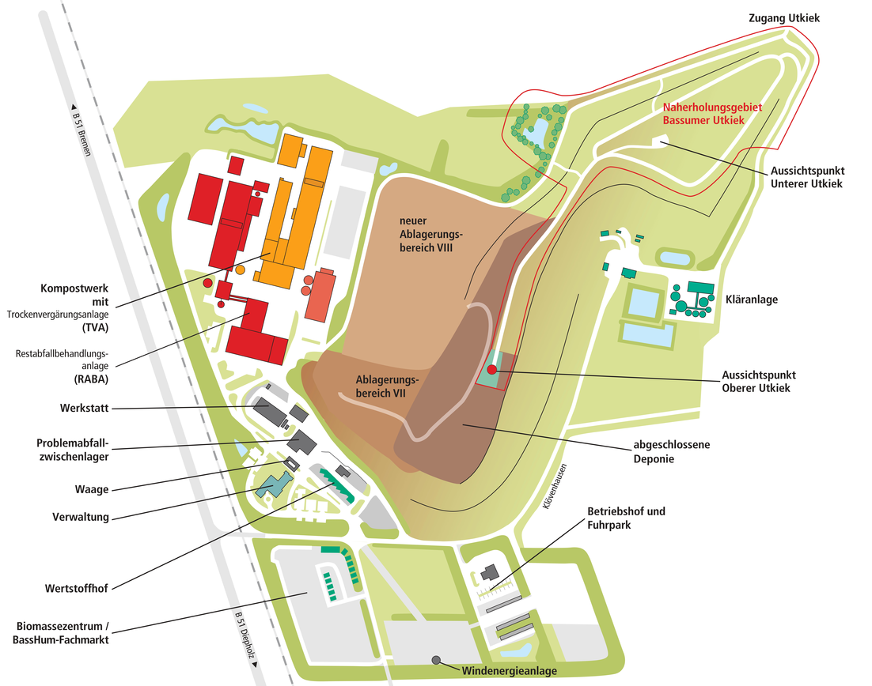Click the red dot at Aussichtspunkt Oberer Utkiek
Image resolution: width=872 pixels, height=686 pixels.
(x=491, y=369)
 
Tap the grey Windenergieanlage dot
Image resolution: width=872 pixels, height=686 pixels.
(x=435, y=660)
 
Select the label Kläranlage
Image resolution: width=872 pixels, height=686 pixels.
(x=751, y=300)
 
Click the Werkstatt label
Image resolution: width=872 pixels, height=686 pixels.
(x=83, y=408)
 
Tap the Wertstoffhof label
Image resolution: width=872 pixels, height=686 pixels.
(x=76, y=588)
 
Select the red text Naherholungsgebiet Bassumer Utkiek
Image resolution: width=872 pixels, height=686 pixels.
(x=703, y=115)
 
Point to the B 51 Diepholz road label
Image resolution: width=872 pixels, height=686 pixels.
(x=245, y=639)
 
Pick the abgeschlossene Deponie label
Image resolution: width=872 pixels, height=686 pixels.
(x=670, y=451)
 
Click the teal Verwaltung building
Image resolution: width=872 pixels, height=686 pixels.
(x=274, y=484)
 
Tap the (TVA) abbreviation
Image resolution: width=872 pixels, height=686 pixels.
(x=95, y=327)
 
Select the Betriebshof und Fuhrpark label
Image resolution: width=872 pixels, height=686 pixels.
(x=626, y=518)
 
